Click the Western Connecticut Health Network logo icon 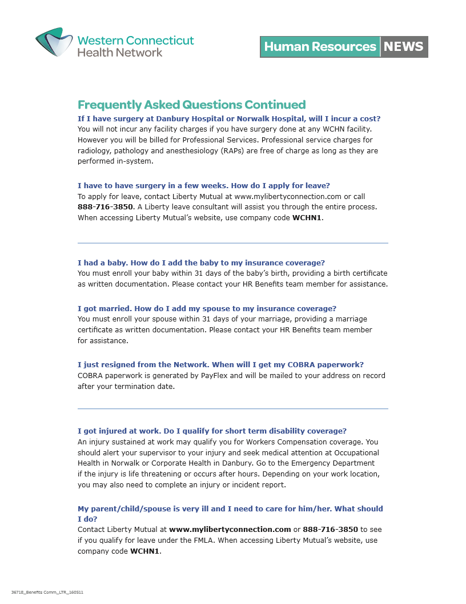coord(55,42)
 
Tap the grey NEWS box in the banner coord(404,47)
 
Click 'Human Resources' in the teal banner coord(320,47)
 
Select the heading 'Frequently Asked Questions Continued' coord(191,105)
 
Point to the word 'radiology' coord(93,151)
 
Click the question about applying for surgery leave coord(203,185)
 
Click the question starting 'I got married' coord(207,308)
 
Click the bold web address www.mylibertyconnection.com coord(230,530)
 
